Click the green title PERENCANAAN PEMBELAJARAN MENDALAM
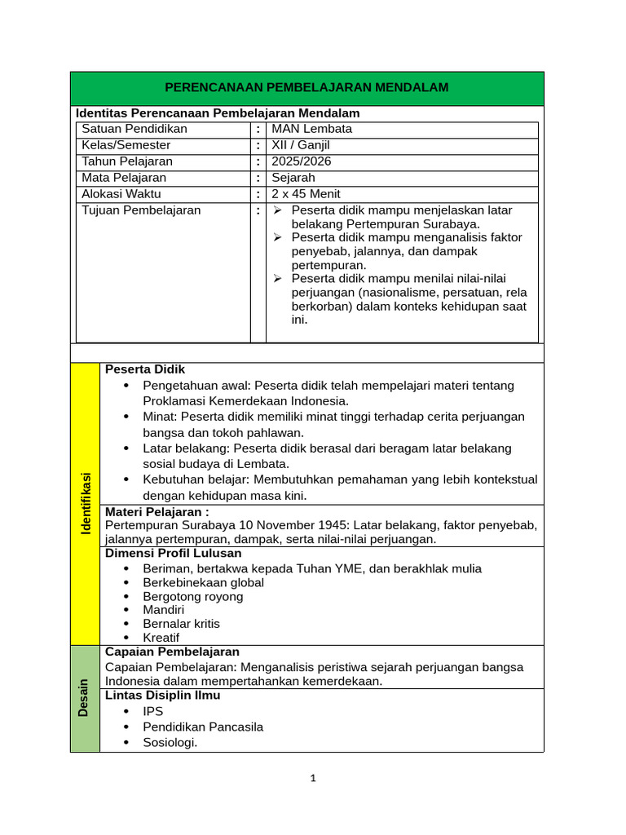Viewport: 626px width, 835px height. (x=306, y=87)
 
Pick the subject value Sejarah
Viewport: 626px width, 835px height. (x=294, y=178)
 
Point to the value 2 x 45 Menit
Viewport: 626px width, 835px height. (x=306, y=194)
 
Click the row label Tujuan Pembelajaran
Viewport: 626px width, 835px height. (x=141, y=210)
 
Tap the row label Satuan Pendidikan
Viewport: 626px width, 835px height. (x=134, y=129)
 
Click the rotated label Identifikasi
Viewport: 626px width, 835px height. (x=86, y=503)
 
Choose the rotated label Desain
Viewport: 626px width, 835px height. (x=84, y=698)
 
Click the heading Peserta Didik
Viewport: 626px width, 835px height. (x=145, y=369)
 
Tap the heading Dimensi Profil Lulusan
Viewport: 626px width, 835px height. (x=174, y=553)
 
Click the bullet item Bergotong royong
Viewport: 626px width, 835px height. (x=193, y=596)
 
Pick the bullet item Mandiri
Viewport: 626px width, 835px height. (x=163, y=610)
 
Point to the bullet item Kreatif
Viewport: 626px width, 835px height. (x=161, y=638)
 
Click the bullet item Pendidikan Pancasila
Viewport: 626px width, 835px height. (x=203, y=727)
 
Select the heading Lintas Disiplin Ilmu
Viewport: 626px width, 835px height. (x=163, y=696)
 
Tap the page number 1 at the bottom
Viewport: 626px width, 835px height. (x=313, y=778)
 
